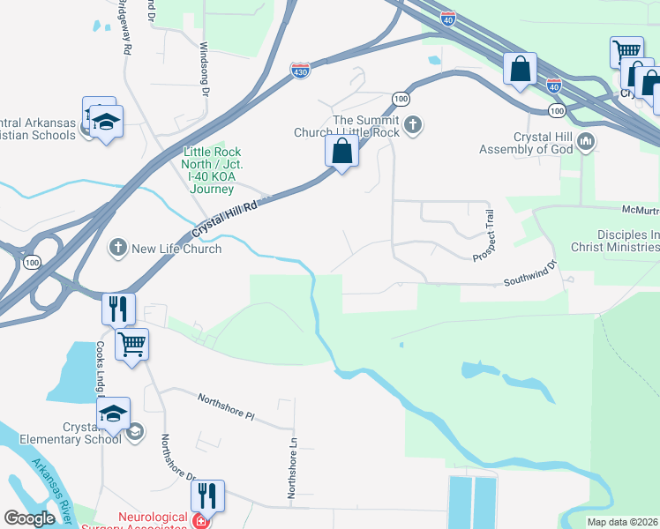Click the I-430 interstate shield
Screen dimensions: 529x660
point(300,69)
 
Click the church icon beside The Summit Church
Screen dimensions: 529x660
point(412,125)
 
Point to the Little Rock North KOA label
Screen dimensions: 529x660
point(212,170)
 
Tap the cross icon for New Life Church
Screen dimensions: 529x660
point(118,248)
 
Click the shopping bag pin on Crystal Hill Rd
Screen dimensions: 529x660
point(341,152)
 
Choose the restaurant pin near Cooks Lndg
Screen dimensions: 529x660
point(118,309)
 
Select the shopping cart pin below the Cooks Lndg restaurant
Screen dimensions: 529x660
point(131,343)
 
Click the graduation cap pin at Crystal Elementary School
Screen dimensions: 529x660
point(113,414)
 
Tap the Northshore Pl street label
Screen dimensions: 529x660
point(225,406)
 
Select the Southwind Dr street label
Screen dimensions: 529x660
point(530,274)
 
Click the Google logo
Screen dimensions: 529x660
point(29,518)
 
